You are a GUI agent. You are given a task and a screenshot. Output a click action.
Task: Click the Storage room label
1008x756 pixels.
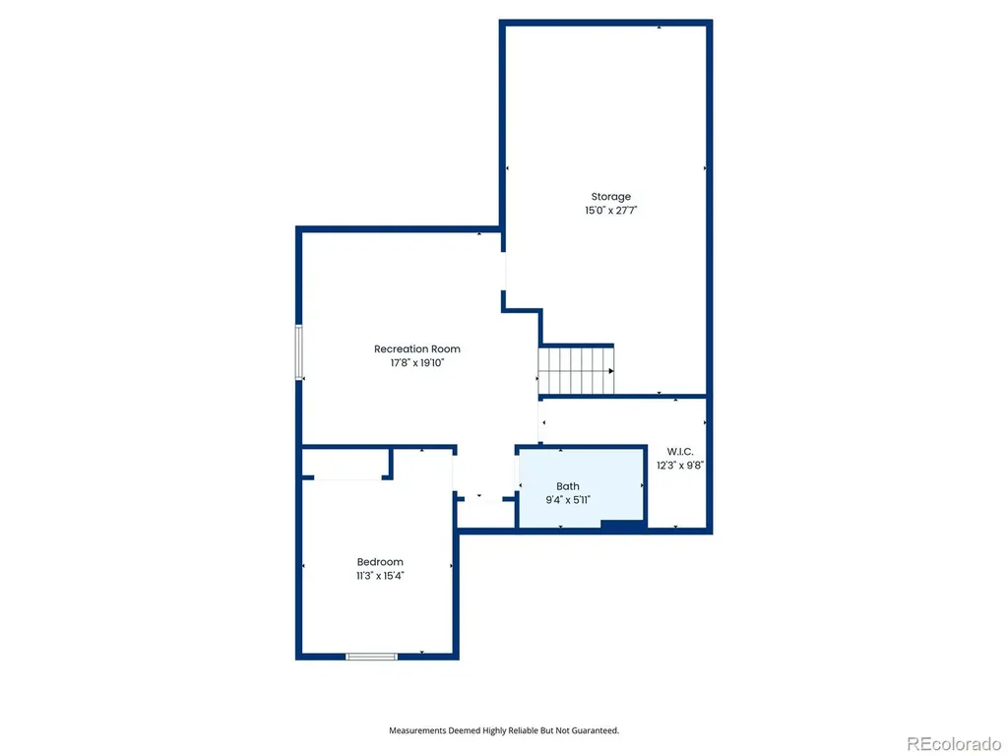point(610,197)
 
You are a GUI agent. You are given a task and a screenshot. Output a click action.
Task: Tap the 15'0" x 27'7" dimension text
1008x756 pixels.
point(610,211)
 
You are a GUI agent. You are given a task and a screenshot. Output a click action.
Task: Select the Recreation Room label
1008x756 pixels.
point(417,349)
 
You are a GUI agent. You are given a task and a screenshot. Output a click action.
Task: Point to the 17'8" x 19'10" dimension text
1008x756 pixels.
point(417,362)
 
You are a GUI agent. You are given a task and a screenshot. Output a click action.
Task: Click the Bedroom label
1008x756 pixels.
point(380,562)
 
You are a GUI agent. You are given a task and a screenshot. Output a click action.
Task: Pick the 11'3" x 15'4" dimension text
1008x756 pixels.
point(380,575)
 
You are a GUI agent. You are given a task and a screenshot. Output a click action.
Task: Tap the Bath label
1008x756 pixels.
point(568,486)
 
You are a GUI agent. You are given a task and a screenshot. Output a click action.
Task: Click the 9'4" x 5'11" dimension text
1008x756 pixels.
point(568,499)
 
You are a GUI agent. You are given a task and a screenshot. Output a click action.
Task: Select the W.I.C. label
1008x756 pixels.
point(680,451)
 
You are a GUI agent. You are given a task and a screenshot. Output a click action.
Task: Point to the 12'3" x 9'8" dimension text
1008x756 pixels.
point(680,465)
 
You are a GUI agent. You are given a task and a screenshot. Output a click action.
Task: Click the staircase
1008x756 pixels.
point(576,371)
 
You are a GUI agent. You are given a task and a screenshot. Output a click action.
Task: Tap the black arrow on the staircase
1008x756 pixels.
point(610,371)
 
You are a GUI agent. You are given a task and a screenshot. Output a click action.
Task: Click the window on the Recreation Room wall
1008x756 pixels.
point(299,352)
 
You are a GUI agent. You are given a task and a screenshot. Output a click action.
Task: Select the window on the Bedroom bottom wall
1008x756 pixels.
point(371,657)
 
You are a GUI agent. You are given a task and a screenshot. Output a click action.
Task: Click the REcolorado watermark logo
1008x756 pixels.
point(954,744)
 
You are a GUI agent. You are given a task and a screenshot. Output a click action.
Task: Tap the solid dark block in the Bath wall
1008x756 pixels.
point(623,526)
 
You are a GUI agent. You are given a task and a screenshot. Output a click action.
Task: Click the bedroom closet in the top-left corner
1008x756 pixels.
point(346,464)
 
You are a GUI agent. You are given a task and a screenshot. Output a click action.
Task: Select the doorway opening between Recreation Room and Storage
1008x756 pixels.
point(503,272)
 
